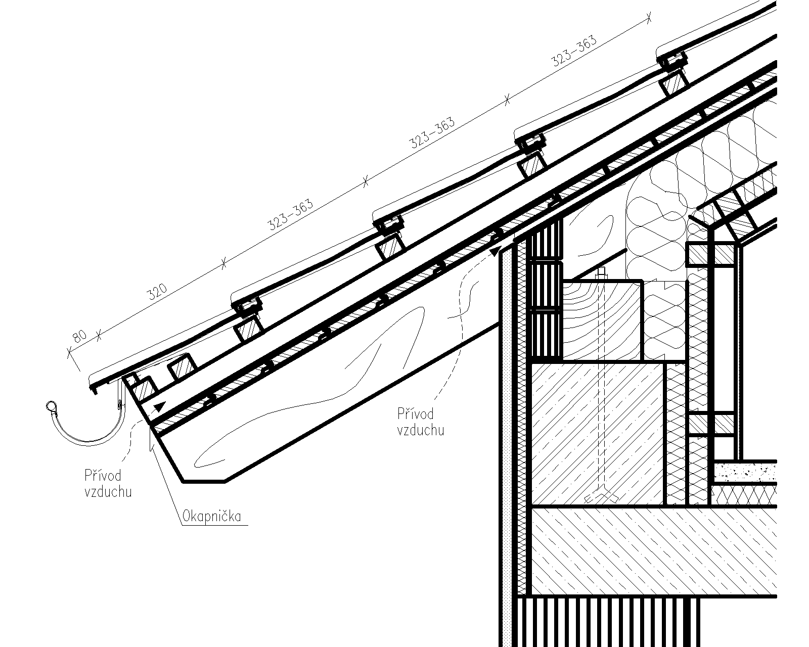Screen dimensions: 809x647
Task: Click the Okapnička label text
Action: [x=212, y=517]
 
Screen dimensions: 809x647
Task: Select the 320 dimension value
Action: [x=158, y=292]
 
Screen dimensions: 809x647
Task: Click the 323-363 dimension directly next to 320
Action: [x=290, y=214]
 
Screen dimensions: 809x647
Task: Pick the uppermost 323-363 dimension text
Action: [x=574, y=51]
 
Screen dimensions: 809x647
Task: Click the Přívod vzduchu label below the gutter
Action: [x=108, y=483]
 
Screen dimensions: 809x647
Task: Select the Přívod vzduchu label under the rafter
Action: [x=421, y=422]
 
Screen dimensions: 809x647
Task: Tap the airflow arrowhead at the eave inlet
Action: [x=160, y=406]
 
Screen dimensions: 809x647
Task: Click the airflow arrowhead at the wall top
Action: [x=496, y=251]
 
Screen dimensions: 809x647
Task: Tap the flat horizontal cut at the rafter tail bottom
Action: [x=204, y=482]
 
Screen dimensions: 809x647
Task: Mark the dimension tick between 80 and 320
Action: [x=99, y=335]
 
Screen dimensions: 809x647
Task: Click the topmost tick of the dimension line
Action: [x=649, y=18]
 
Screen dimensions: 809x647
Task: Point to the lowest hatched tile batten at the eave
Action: [x=145, y=388]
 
